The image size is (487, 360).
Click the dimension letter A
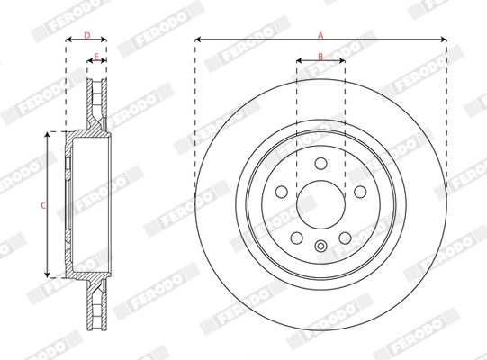pos(320,33)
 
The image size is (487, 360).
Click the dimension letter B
pos(320,56)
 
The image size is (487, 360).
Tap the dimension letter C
pos(42,205)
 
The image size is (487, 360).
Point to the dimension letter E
pos(96,56)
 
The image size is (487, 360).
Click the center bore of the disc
pos(320,203)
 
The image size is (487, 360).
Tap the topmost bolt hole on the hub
pos(320,164)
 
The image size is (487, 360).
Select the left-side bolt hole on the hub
pos(282,192)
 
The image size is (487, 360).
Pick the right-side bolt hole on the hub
pos(359,192)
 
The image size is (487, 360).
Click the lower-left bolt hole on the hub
pos(297,237)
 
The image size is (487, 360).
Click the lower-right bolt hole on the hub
pos(345,237)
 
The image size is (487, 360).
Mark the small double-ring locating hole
pos(320,247)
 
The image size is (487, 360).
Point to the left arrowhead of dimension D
pos(68,40)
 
